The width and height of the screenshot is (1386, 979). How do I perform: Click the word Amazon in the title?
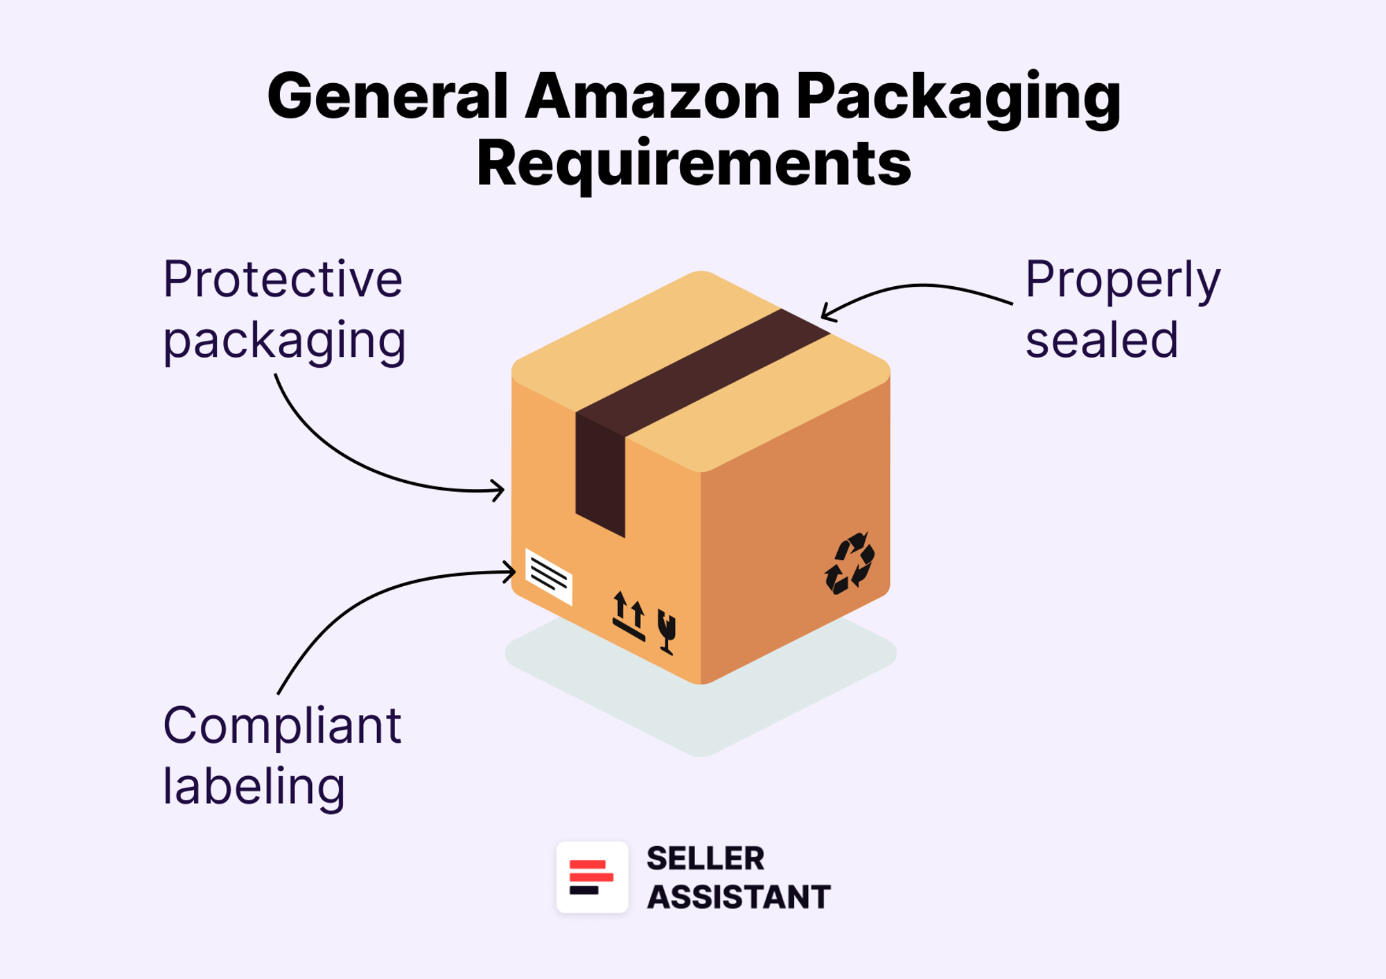coord(652,97)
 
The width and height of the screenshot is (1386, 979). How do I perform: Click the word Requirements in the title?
coord(694,164)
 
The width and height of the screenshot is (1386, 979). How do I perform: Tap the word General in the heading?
coord(388,97)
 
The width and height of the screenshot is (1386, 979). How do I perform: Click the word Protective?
coord(283,279)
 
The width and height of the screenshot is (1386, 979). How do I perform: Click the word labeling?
coord(254,787)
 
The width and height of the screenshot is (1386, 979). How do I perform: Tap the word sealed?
coord(1102,339)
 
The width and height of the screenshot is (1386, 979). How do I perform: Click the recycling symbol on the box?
coord(850,563)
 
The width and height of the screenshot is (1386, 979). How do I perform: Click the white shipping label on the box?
coord(549,576)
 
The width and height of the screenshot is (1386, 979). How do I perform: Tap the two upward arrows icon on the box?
coord(629,615)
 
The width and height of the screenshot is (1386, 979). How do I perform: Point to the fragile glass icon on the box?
coord(667,631)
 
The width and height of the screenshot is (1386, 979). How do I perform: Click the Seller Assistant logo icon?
coord(592,877)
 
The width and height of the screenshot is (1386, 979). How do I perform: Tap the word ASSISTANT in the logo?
coord(738,897)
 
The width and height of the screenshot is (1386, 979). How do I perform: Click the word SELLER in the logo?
coord(705,859)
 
